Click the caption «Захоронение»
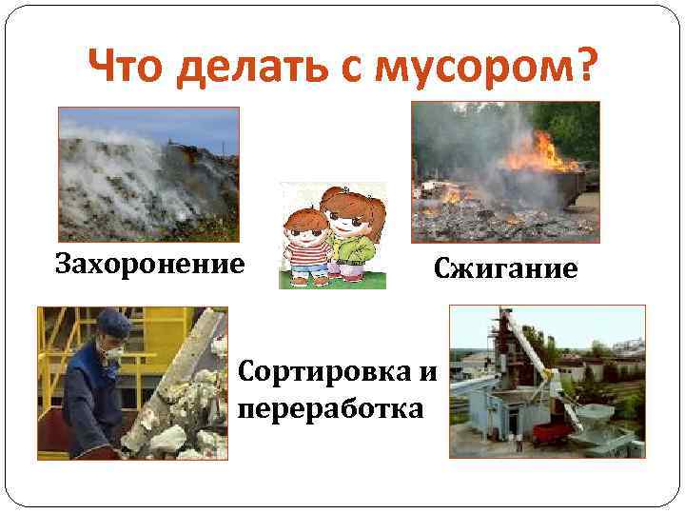click(x=149, y=262)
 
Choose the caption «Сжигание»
click(x=505, y=268)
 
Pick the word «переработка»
click(x=330, y=408)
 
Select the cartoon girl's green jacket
click(x=353, y=252)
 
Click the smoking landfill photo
click(x=148, y=172)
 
